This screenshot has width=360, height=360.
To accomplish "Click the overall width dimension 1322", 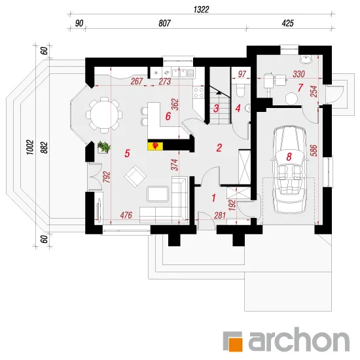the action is pos(201,9).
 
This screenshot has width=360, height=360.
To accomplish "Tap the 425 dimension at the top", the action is pos(287,23).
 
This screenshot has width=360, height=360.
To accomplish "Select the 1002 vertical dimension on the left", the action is pos(30,147).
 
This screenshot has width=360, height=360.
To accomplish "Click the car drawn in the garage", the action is pos(289,170).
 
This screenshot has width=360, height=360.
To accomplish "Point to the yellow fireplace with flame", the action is pos(155,146).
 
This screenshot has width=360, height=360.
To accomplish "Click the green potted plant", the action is pos(104,147).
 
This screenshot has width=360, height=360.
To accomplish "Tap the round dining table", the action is pos(104,115).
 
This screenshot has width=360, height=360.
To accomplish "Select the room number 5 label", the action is pos(127,153).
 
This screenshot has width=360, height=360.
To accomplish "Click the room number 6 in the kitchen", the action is pos(168,116).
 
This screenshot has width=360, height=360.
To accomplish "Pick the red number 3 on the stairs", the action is pos(216,109).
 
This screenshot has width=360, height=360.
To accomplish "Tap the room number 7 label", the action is pos(300,88).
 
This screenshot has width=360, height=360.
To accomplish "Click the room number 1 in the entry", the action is pos(214,198).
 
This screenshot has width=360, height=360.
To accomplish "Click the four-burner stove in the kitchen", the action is pos(198,92).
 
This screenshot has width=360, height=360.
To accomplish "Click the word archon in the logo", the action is pos(298,339).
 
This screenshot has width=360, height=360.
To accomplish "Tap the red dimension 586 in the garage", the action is pos(314,151).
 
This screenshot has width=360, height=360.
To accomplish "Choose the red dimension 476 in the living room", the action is pos(126,215).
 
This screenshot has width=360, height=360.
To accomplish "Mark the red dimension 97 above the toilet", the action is pos(242,74).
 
